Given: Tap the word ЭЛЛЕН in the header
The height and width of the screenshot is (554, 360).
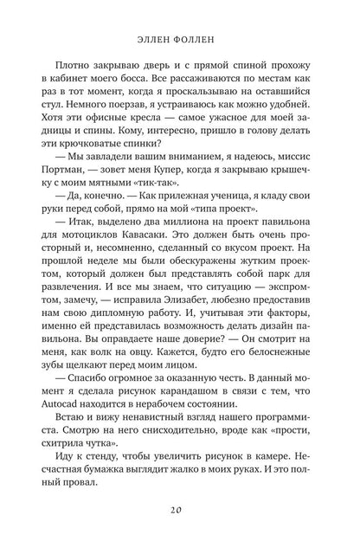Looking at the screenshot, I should click(x=152, y=38).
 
